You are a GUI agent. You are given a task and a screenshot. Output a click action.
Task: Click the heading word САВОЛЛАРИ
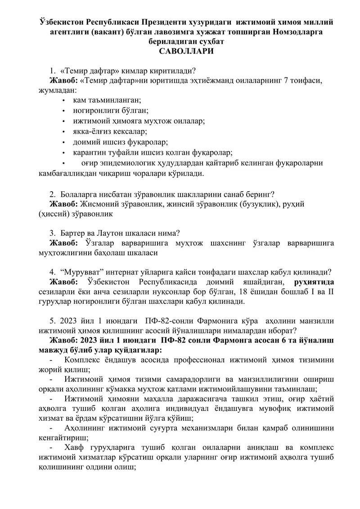[180, 51]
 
